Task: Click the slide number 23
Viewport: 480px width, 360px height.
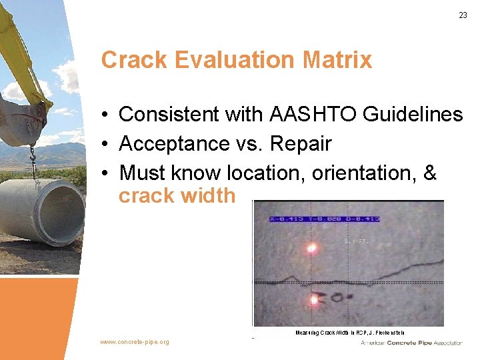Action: click(463, 15)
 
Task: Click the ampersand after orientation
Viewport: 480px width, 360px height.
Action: click(430, 173)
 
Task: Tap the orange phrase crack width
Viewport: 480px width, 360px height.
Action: click(177, 196)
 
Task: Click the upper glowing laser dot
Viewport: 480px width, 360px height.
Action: click(311, 249)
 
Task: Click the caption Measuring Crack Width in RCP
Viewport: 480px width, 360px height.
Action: click(349, 332)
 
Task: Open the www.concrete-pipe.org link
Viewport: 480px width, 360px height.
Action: click(135, 342)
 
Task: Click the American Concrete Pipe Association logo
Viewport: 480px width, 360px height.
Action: click(411, 343)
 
